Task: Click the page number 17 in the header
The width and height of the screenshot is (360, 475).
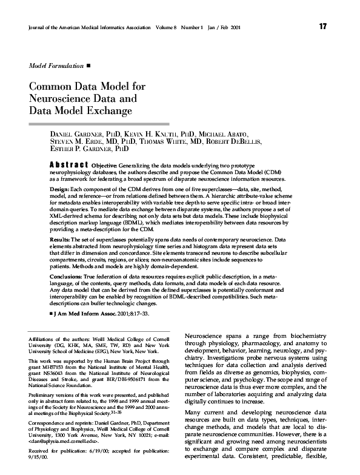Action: (322, 26)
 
